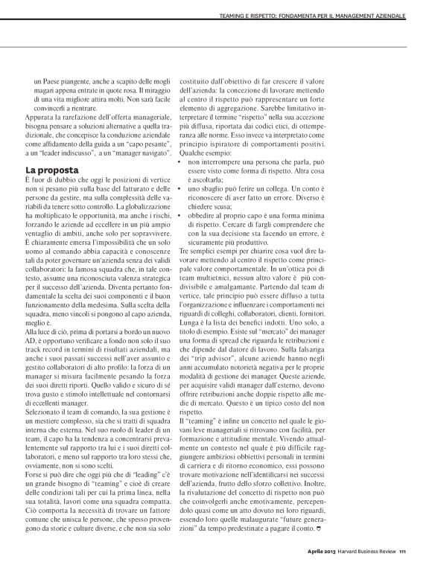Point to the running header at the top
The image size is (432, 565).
pos(315,16)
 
